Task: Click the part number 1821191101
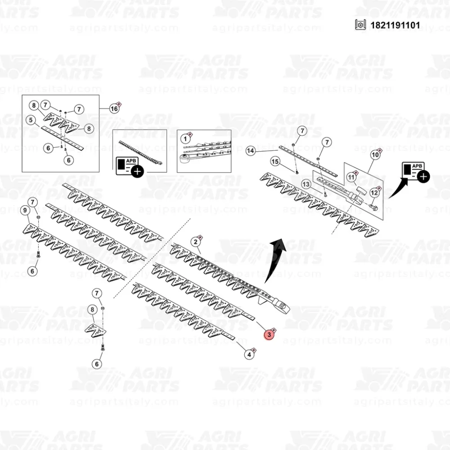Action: (395, 25)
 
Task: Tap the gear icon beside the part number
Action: (360, 25)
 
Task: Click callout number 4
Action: (248, 355)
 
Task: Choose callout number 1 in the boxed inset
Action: (184, 139)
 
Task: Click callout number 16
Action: (114, 108)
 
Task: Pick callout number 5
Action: (31, 120)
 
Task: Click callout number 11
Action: (351, 177)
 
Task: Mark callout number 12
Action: (373, 193)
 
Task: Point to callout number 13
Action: (306, 184)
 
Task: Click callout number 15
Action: (275, 162)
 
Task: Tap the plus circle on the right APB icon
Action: (423, 176)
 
